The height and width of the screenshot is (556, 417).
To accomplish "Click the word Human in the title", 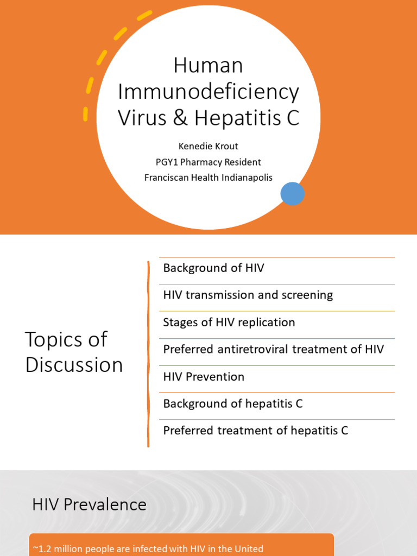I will tap(208, 66).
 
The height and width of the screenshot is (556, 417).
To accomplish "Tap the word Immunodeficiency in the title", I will tap(208, 92).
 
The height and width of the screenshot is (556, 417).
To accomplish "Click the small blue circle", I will tap(292, 194).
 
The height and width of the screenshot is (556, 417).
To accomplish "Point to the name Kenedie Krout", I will tap(208, 147).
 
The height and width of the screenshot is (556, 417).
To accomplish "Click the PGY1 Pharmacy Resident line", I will tap(208, 162).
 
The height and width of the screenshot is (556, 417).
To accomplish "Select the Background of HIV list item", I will tap(213, 268).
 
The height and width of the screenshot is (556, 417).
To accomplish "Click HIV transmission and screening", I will tap(248, 295).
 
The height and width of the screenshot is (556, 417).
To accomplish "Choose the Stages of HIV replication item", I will tap(229, 323).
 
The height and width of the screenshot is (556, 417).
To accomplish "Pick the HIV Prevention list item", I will tap(204, 377).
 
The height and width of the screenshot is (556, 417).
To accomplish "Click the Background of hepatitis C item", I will tap(232, 404).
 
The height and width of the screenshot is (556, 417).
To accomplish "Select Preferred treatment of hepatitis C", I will tap(255, 431).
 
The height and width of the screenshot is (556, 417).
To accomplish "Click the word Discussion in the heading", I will tap(74, 365).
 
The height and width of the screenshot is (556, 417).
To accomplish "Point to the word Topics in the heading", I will tap(52, 340).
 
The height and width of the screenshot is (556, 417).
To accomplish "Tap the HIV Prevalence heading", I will tap(89, 505).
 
